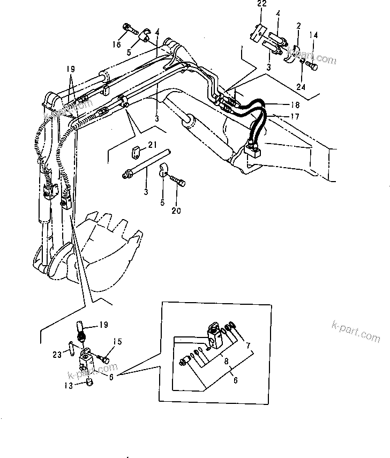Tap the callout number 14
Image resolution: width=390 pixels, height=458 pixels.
coord(314,35)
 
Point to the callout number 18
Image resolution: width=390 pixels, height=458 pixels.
coord(281,106)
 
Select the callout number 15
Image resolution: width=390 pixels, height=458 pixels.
coord(117,341)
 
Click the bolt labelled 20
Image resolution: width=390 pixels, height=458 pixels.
coord(179,186)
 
